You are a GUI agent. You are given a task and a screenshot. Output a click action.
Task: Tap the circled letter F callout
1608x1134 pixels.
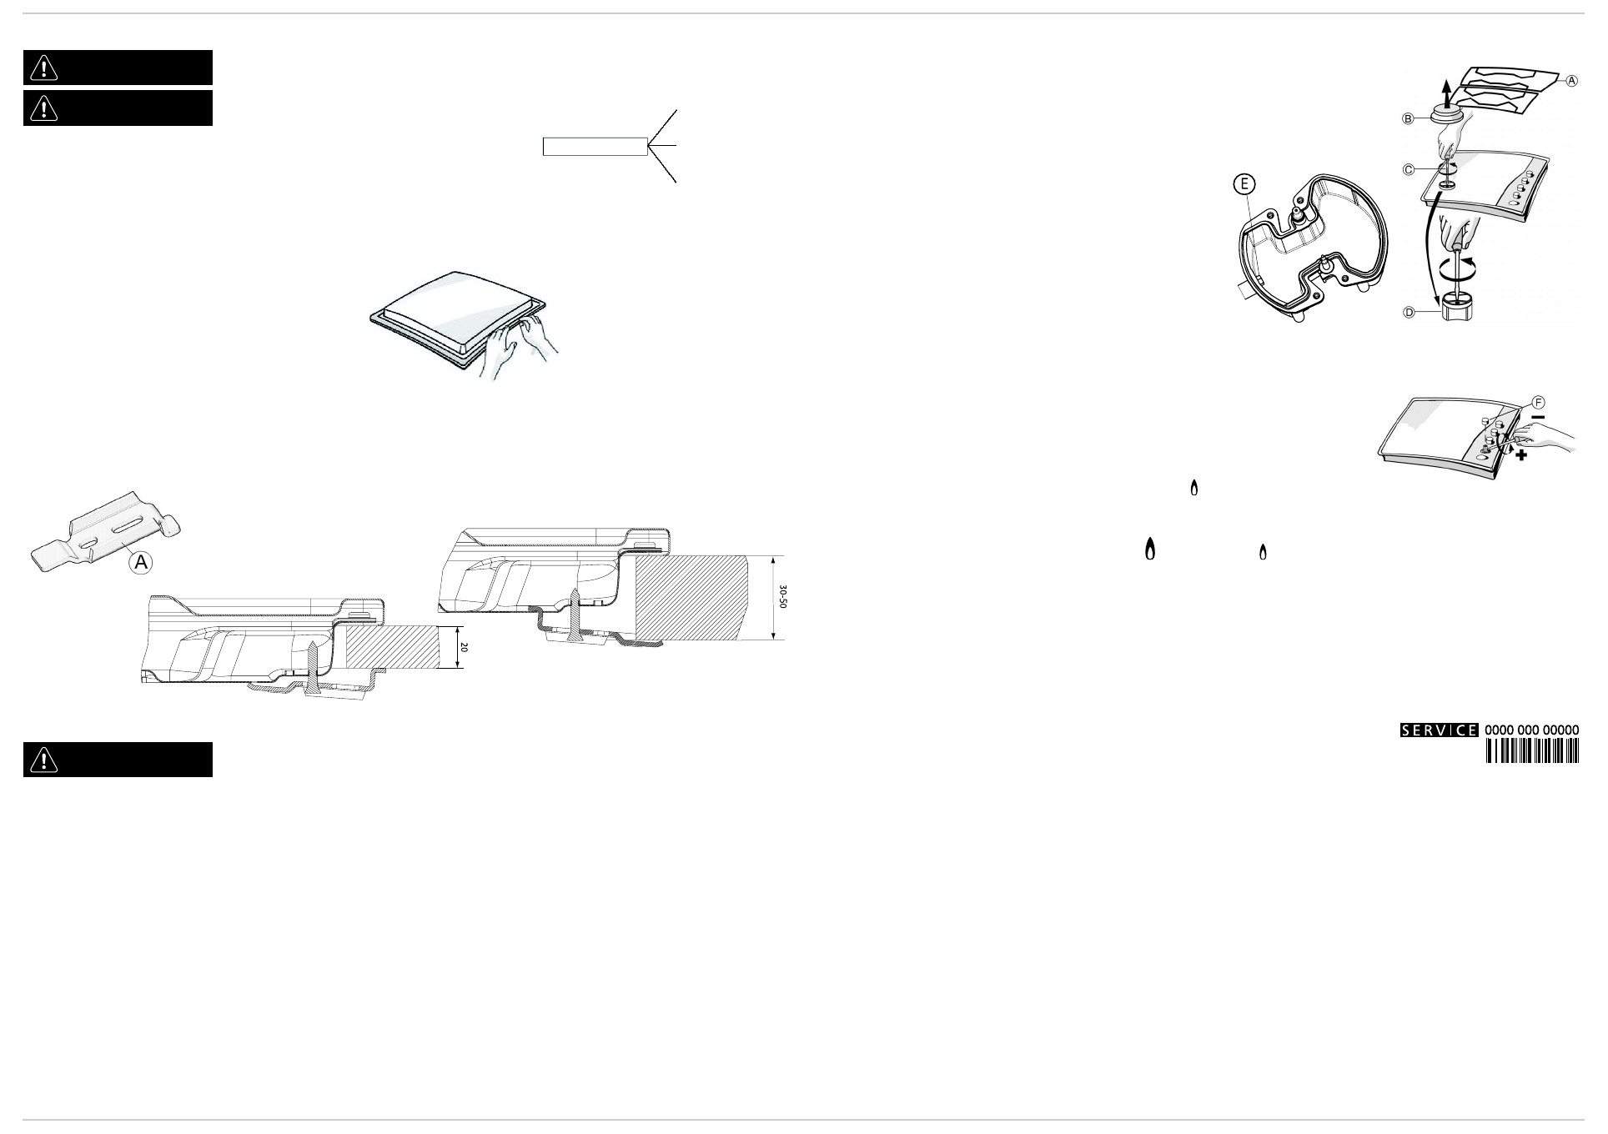click(x=1539, y=403)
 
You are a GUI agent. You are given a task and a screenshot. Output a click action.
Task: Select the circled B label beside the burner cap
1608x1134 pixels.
click(x=1408, y=119)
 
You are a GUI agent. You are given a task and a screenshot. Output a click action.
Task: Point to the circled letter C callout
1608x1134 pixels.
click(x=1408, y=170)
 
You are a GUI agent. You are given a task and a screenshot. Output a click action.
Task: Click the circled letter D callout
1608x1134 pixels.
click(x=1409, y=313)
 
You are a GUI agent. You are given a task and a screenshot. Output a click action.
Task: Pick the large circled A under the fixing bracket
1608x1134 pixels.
click(x=142, y=563)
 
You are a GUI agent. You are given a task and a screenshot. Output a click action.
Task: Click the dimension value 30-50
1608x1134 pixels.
click(x=782, y=597)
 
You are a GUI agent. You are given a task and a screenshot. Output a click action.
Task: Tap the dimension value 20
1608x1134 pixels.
click(x=465, y=648)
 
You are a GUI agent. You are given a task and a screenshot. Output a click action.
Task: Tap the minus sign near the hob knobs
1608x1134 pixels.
click(x=1538, y=417)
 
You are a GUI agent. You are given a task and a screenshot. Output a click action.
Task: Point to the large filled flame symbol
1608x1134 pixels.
click(x=1150, y=549)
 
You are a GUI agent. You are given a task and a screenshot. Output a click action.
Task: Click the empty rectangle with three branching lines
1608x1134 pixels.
click(x=595, y=146)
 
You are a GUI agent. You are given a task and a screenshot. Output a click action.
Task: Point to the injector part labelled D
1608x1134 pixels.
click(x=1455, y=313)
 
